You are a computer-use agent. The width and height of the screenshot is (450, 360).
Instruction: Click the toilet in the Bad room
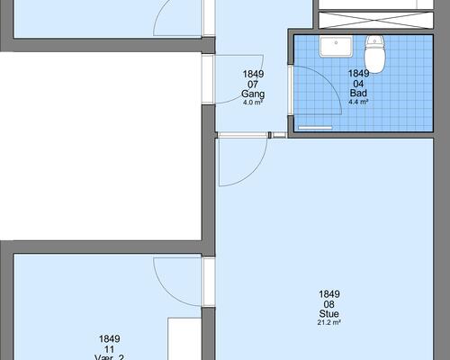tap(374, 54)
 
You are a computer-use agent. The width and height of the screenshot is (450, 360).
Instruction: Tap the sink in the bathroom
tap(336, 47)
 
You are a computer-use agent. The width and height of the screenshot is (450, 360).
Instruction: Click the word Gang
tap(253, 94)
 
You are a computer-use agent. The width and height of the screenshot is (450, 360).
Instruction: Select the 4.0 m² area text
tap(253, 103)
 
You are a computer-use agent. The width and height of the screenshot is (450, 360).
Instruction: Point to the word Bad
tap(358, 93)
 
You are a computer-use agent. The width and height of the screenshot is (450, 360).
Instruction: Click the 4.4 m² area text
tap(358, 102)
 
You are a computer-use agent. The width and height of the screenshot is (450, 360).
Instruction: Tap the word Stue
tap(329, 313)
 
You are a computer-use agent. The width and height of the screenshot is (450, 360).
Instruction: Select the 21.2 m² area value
tap(329, 322)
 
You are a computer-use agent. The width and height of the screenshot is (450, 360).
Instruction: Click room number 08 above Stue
tap(329, 304)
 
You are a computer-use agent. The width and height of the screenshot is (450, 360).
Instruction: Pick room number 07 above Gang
tap(253, 85)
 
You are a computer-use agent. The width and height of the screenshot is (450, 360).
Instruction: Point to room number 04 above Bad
tap(358, 84)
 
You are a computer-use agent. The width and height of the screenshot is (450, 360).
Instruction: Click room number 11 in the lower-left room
tap(109, 349)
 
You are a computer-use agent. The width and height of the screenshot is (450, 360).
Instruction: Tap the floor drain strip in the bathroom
tap(315, 128)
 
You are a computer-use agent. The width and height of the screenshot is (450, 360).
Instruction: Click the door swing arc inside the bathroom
tap(330, 83)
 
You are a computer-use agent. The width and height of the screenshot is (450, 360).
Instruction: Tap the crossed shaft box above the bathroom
tap(376, 21)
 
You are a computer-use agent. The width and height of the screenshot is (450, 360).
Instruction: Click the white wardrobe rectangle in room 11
tap(184, 338)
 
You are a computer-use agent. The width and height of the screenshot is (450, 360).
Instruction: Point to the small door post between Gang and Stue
tap(270, 135)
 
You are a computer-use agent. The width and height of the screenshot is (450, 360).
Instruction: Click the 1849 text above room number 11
tap(109, 338)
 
